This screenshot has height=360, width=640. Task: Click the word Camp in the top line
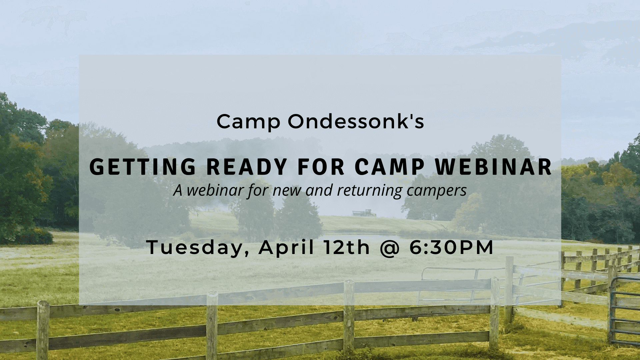click(x=248, y=122)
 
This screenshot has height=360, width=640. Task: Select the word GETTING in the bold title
click(x=142, y=167)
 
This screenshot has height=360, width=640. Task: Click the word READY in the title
click(x=247, y=167)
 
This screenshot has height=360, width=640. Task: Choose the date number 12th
click(x=346, y=247)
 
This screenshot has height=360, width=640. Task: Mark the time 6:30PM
click(x=451, y=248)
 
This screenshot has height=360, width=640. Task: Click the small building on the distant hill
click(x=364, y=213)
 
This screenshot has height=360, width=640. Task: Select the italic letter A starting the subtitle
click(x=178, y=191)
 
